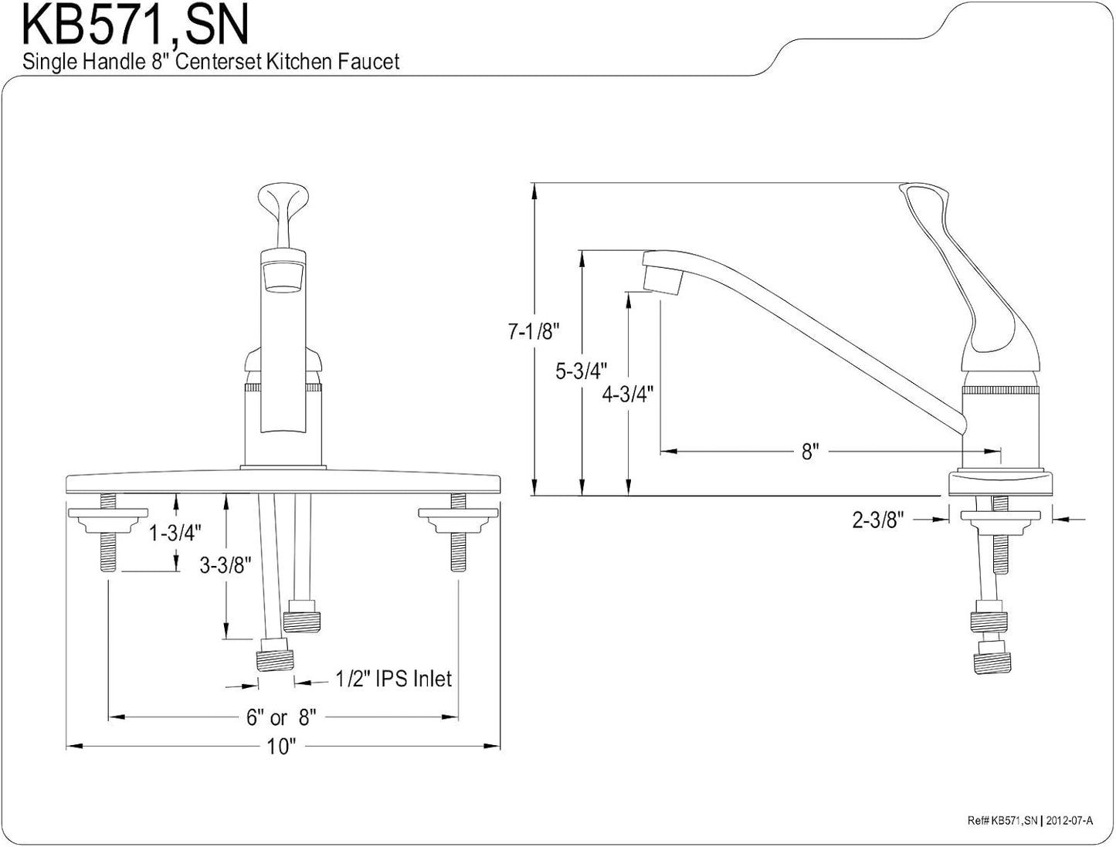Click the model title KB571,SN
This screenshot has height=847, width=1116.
click(136, 25)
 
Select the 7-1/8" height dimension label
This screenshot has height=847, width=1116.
click(534, 331)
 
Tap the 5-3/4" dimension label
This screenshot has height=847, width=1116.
click(581, 371)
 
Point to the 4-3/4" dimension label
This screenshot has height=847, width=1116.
click(628, 394)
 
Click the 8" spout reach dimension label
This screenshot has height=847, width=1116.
click(810, 451)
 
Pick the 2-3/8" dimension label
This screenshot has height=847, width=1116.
click(879, 520)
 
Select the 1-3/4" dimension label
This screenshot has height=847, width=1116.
click(175, 533)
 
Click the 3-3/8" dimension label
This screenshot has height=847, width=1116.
click(226, 565)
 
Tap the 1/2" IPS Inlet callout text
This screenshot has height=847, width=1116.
click(394, 679)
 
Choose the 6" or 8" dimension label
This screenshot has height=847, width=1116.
click(281, 717)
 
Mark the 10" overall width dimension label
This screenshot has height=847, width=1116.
click(281, 747)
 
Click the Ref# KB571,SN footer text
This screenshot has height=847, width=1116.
click(1002, 821)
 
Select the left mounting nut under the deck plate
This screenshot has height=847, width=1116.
click(108, 520)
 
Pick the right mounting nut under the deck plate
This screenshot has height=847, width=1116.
click(458, 520)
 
